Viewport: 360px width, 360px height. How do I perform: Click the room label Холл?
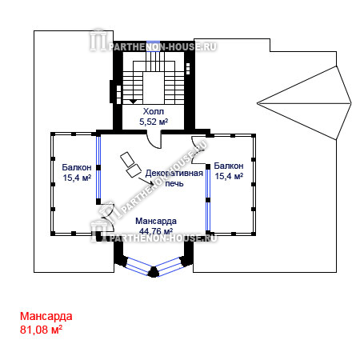pos(154,111)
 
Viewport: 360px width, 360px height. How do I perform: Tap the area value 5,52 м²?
pos(154,122)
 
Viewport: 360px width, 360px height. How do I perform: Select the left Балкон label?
pos(77,167)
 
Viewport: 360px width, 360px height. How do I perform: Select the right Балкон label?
pos(229,166)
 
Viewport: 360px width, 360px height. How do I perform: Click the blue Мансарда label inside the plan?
pos(156,221)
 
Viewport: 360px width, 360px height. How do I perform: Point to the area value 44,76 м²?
pos(156,231)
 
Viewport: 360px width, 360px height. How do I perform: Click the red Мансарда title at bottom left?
pos(46,316)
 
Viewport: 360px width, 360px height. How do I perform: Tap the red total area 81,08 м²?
pos(41,330)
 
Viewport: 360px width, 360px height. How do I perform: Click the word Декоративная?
pos(174,173)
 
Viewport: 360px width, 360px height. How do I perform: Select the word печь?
pos(174,183)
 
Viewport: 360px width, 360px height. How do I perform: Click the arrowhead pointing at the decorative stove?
pos(152,184)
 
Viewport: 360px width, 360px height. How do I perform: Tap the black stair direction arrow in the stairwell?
pos(133,102)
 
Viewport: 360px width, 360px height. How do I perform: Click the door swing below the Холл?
pos(154,141)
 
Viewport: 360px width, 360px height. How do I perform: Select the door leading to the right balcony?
pos(199,150)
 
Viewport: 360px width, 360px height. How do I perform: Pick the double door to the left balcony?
pos(108,217)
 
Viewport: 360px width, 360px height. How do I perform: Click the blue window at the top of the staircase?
pos(154,42)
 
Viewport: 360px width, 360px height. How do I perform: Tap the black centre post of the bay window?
pos(154,272)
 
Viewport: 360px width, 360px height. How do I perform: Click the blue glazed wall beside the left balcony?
pos(98,167)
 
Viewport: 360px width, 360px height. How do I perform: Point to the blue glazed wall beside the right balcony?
pos(208,200)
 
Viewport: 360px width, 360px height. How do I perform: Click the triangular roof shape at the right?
pos(304,103)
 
